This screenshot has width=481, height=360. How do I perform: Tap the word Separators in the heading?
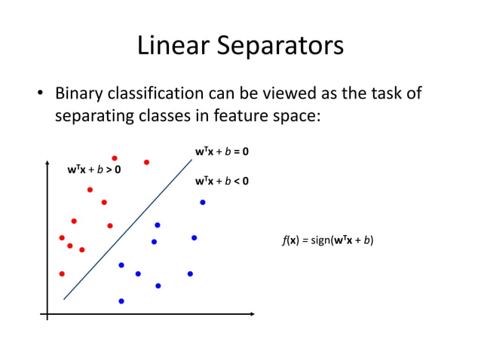click(x=280, y=47)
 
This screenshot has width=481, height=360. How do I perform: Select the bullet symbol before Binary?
click(x=42, y=96)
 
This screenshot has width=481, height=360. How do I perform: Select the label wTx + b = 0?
click(x=222, y=151)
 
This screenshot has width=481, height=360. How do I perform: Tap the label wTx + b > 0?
click(x=94, y=169)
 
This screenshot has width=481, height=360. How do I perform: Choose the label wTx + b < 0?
click(x=222, y=181)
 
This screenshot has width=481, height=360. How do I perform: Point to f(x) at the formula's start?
click(x=289, y=241)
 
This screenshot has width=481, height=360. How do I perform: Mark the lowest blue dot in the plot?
click(x=121, y=301)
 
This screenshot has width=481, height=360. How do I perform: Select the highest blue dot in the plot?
click(x=202, y=202)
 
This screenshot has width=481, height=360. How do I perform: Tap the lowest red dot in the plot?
click(x=62, y=273)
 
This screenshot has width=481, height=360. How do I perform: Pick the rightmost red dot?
click(x=146, y=162)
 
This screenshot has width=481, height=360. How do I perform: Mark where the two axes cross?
click(x=47, y=314)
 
